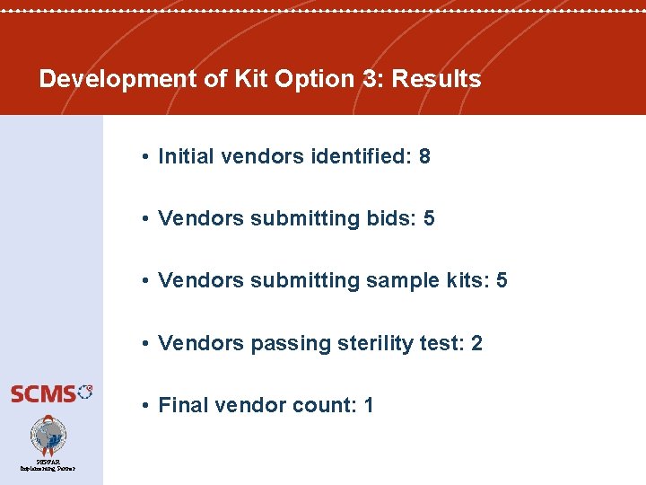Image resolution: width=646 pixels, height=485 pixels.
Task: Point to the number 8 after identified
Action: (424, 156)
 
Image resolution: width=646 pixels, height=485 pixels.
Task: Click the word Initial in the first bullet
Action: (186, 156)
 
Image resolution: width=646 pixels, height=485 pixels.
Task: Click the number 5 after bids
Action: (429, 218)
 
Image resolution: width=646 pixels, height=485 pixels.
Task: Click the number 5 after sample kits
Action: (502, 280)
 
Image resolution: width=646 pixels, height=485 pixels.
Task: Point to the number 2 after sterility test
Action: (476, 343)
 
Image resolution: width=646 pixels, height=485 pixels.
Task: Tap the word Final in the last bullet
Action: (181, 405)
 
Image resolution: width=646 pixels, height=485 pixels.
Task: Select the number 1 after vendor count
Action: (368, 405)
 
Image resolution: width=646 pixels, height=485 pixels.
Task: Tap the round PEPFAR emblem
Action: (48, 436)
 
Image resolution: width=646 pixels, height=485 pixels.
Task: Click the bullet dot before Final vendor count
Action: (144, 406)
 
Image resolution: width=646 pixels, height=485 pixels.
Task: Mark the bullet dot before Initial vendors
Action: (144, 157)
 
